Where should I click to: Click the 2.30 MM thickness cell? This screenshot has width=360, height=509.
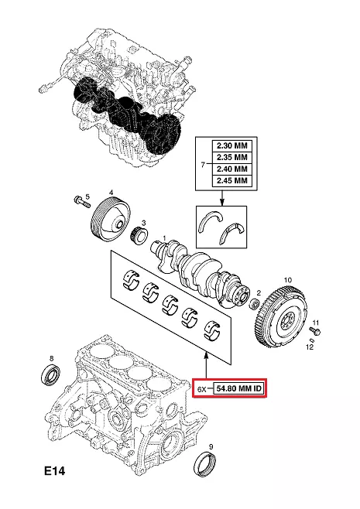pos(231,145)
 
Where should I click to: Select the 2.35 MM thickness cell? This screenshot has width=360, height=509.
pos(231,158)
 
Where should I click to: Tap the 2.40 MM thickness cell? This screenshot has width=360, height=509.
pos(231,169)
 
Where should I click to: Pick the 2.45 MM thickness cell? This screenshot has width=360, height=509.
pos(231,181)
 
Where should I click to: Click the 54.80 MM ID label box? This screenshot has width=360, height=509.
pos(238,388)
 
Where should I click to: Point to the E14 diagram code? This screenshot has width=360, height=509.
pos(55,470)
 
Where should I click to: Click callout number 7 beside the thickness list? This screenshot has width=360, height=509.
pos(203,165)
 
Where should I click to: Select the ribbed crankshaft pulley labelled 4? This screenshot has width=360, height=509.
pos(111,220)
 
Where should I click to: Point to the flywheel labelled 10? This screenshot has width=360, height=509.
pos(279,315)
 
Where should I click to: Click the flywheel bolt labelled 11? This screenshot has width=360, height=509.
pos(315,331)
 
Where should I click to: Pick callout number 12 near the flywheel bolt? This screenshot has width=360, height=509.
pos(310,347)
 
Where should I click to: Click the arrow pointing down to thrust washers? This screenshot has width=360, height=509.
pos(222,198)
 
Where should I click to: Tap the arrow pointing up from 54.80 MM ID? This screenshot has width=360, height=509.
pos(206,366)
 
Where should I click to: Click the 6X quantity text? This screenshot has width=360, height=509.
pos(202,388)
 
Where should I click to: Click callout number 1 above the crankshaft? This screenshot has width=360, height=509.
pos(164,239)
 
